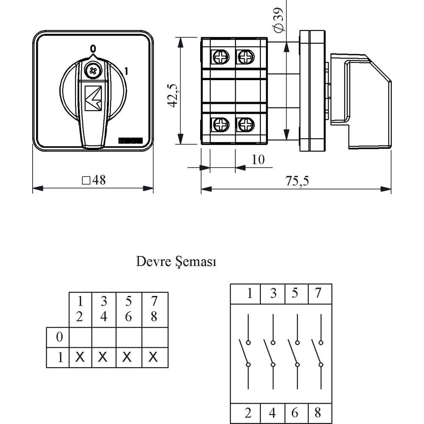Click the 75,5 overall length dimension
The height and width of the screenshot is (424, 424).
pyautogui.click(x=297, y=181)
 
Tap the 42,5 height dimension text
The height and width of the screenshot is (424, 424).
pyautogui.click(x=173, y=96)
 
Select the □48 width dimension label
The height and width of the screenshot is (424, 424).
pyautogui.click(x=94, y=180)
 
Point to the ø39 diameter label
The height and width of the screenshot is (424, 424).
pyautogui.click(x=279, y=20)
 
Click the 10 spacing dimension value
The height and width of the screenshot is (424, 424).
pyautogui.click(x=258, y=159)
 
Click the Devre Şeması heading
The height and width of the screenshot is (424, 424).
pyautogui.click(x=176, y=262)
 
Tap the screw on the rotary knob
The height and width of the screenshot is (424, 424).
pyautogui.click(x=93, y=71)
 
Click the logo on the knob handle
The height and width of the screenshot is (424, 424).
pyautogui.click(x=93, y=98)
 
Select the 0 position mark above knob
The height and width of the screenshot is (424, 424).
pyautogui.click(x=93, y=49)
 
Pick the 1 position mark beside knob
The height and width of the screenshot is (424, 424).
pyautogui.click(x=126, y=71)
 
